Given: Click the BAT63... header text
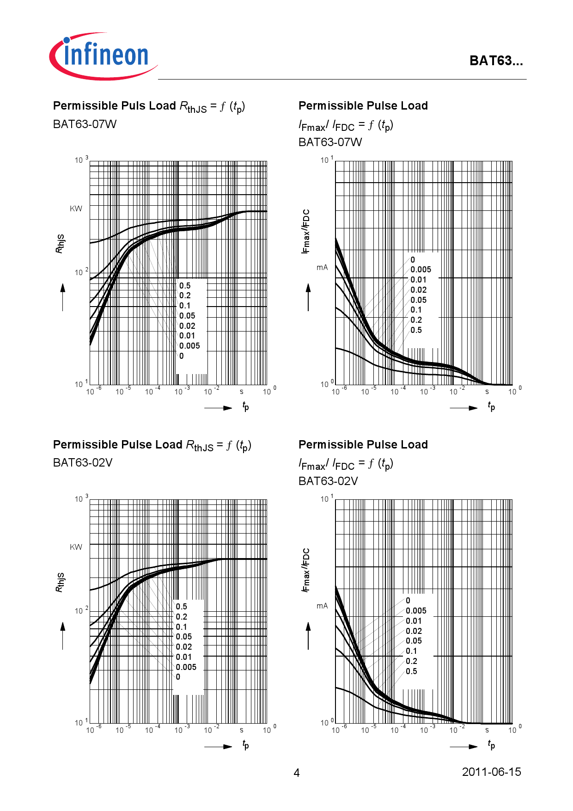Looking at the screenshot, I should (496, 61).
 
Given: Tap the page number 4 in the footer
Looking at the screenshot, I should (297, 773).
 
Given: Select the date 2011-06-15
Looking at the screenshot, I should (491, 772).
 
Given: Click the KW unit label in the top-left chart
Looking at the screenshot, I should (76, 209).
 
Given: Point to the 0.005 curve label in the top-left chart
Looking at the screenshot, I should (189, 346).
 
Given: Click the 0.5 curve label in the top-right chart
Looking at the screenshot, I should (416, 330).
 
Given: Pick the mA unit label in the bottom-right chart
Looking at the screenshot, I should (322, 606).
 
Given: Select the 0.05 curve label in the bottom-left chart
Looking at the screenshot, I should (183, 637).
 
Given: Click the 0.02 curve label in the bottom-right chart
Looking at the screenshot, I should (414, 631).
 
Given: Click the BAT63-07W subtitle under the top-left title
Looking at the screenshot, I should (85, 124).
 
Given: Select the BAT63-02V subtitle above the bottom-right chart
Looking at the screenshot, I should (328, 481).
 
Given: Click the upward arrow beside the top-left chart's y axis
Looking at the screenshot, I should (63, 296).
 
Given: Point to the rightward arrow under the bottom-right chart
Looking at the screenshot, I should (463, 746).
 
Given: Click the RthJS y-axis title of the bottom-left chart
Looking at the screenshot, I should (60, 582).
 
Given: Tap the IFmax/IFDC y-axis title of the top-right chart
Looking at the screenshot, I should (305, 231).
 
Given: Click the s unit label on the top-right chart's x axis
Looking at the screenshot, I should (487, 392).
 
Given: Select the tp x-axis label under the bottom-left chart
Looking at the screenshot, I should (245, 744).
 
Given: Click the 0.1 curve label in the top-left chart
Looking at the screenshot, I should (184, 306).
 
